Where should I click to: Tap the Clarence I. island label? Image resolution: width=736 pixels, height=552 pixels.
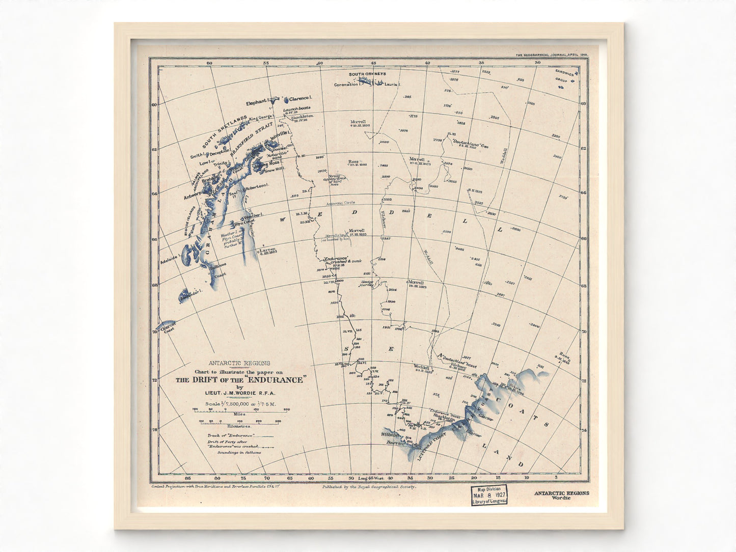[x=301, y=98]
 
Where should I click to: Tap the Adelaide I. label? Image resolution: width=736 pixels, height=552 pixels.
[x=168, y=258]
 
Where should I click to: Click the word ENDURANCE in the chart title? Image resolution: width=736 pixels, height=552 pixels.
[x=278, y=379]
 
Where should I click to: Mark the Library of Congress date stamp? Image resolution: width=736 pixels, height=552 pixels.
[x=488, y=494]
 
